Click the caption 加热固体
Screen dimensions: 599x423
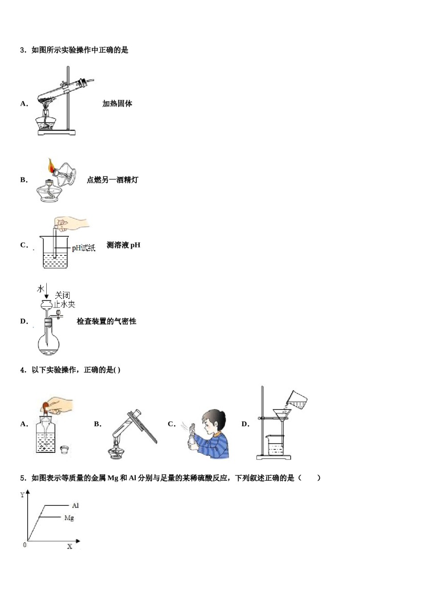coord(117,104)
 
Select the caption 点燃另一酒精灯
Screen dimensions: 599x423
coord(112,180)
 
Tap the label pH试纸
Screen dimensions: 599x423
coord(84,248)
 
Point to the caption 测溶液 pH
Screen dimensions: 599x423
coord(123,245)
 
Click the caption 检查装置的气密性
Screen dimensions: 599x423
coord(106,321)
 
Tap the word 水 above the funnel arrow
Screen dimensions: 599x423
coord(41,289)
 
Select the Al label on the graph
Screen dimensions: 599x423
coord(75,505)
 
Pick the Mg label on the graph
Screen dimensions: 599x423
coord(69,518)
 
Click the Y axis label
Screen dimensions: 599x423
coord(22,495)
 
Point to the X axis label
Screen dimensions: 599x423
coord(69,546)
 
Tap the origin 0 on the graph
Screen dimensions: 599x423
coord(24,545)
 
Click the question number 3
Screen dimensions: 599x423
coord(23,50)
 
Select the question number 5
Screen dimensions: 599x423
coord(23,478)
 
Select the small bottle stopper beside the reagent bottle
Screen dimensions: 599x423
coord(65,449)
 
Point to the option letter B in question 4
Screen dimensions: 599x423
coord(98,424)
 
